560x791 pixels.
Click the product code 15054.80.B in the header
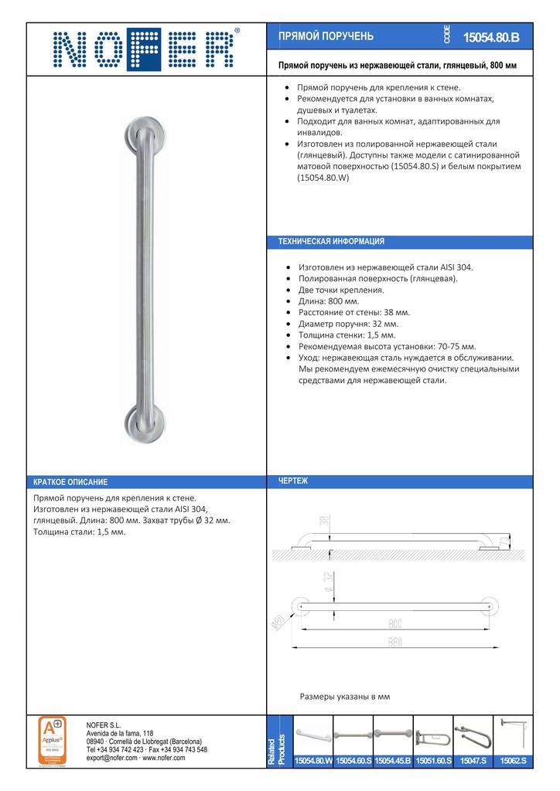click(x=491, y=36)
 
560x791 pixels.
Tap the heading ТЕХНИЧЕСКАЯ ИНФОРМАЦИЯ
click(x=331, y=241)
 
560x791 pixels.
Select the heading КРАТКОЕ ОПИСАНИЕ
click(x=70, y=482)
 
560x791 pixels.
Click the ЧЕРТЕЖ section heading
click(x=293, y=481)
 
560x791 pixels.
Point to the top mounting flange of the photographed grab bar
click(x=145, y=137)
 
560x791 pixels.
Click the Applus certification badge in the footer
click(x=53, y=740)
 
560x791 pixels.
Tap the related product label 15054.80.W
click(x=313, y=761)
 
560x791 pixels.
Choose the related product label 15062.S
click(x=513, y=761)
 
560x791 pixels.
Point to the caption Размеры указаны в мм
click(x=344, y=696)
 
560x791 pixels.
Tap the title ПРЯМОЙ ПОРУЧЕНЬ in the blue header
click(x=326, y=36)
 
